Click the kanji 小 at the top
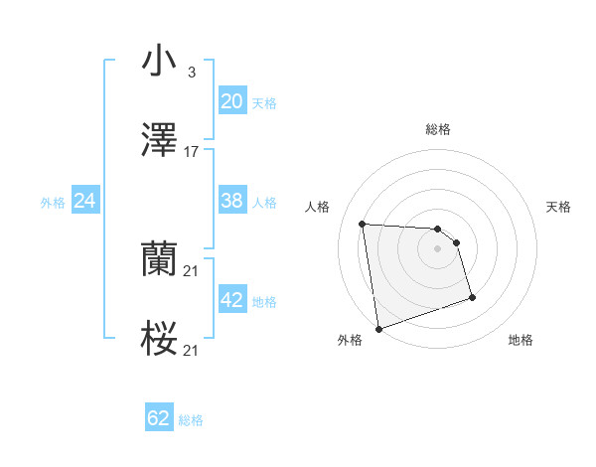pyautogui.click(x=159, y=61)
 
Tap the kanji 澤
pyautogui.click(x=159, y=141)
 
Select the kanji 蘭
pyautogui.click(x=159, y=259)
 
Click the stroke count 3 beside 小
pyautogui.click(x=191, y=73)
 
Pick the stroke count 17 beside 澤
pyautogui.click(x=192, y=152)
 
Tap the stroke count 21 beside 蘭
pyautogui.click(x=192, y=270)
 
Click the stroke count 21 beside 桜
pyautogui.click(x=192, y=351)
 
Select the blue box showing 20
pyautogui.click(x=231, y=101)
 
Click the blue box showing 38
pyautogui.click(x=231, y=201)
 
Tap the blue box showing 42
pyautogui.click(x=231, y=300)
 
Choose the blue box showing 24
pyautogui.click(x=85, y=201)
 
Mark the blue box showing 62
pyautogui.click(x=159, y=418)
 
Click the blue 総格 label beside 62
pyautogui.click(x=191, y=420)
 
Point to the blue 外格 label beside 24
pyautogui.click(x=53, y=203)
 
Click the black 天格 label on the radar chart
pyautogui.click(x=558, y=207)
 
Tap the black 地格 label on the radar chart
pyautogui.click(x=521, y=340)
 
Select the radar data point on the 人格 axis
pyautogui.click(x=363, y=223)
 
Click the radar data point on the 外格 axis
pyautogui.click(x=378, y=327)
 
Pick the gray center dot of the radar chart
pyautogui.click(x=438, y=248)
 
